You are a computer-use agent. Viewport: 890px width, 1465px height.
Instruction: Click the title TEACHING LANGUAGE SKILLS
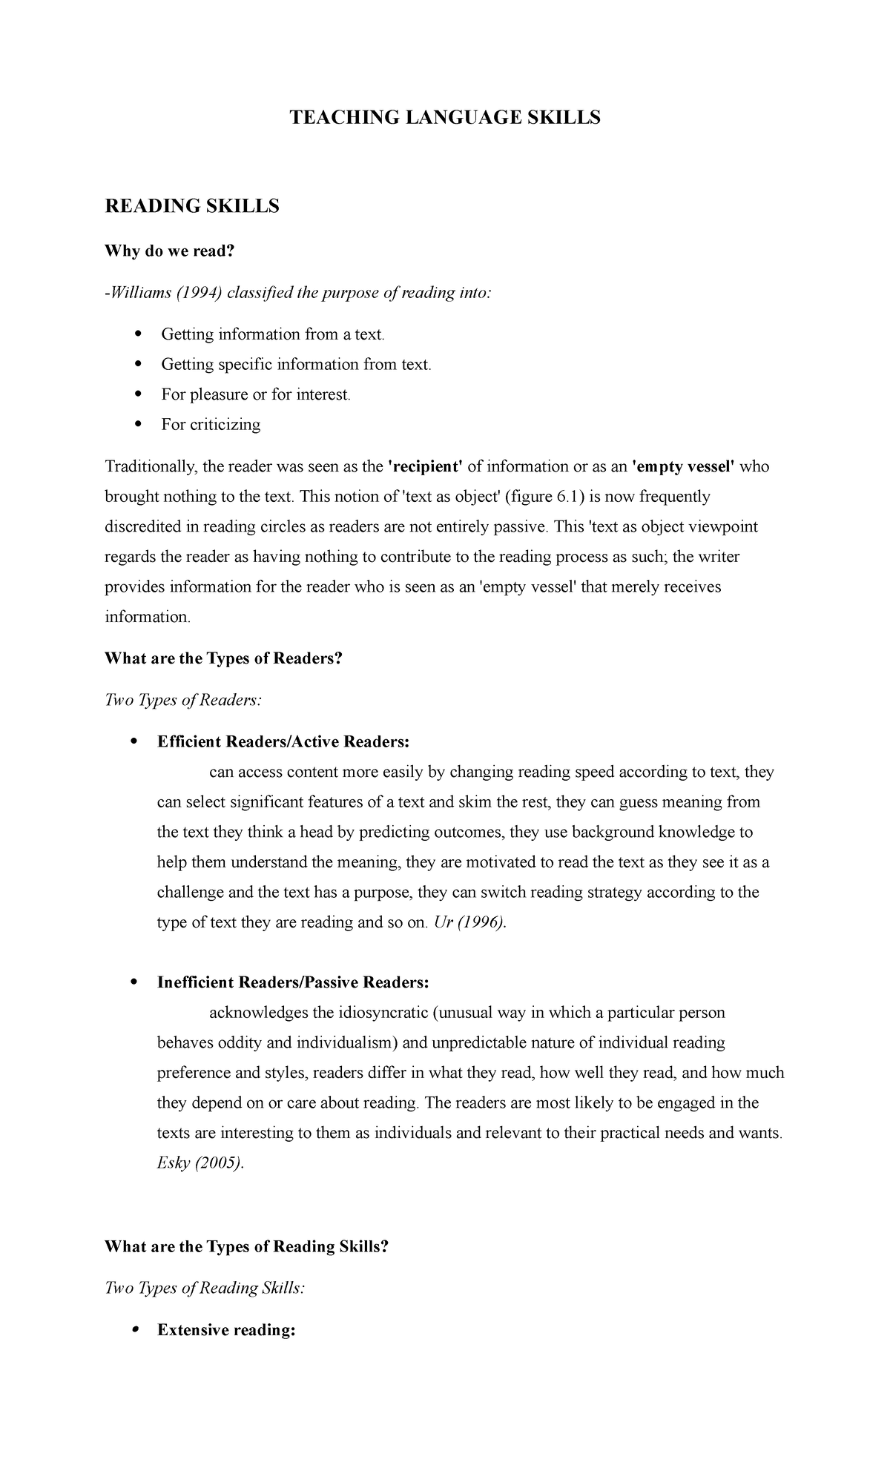(444, 117)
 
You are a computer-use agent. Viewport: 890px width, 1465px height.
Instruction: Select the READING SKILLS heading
(192, 206)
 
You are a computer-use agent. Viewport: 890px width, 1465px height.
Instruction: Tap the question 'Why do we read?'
(170, 251)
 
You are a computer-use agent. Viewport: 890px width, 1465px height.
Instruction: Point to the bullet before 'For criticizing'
(137, 424)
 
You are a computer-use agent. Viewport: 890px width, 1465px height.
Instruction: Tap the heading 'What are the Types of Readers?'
(224, 658)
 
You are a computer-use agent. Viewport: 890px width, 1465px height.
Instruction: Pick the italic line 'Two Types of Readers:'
(183, 700)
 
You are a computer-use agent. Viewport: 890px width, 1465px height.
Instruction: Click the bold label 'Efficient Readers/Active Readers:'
(283, 741)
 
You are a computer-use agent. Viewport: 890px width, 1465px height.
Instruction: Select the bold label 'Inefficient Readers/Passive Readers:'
(293, 982)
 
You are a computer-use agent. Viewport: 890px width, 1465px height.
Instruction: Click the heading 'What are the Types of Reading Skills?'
(247, 1246)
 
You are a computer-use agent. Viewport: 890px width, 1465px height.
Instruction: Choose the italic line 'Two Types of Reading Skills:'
(205, 1288)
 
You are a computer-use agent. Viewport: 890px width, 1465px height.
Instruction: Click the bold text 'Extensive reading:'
(226, 1330)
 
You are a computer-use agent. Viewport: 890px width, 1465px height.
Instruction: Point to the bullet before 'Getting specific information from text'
(137, 364)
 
